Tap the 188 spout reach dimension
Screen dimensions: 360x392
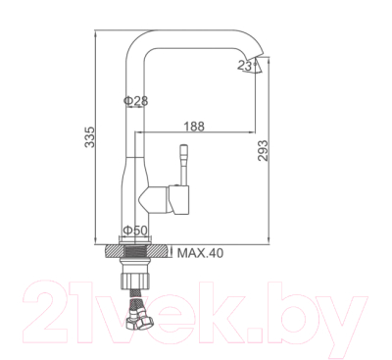(194, 125)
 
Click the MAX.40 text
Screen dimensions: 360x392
(201, 252)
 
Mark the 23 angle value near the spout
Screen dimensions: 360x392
(246, 66)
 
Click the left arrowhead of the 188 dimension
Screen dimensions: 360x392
(135, 133)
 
